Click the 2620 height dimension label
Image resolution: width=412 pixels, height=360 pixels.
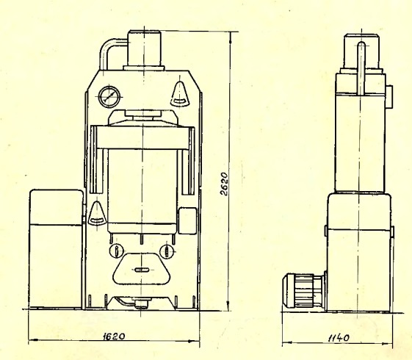pos(224,184)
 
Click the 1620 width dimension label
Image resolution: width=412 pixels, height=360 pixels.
pos(114,336)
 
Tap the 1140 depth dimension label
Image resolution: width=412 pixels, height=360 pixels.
pos(339,338)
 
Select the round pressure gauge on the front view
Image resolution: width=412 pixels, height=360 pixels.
pos(109,97)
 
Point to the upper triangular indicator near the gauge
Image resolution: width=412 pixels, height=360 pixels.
pos(180,94)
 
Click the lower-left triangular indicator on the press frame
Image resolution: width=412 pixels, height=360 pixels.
pos(97,214)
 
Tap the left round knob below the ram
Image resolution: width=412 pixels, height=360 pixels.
pos(116,251)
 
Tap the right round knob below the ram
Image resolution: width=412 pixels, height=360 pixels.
pos(167,251)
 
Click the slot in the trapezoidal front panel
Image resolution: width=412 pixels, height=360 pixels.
pos(142,270)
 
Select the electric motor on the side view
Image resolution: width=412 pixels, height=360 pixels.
pos(304,291)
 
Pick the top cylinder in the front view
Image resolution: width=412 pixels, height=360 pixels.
pos(144,48)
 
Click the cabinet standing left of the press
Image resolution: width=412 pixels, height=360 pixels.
pos(57,248)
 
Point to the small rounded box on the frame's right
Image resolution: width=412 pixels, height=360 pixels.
pos(187,220)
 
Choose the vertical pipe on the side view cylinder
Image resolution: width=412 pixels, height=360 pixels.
pos(361,68)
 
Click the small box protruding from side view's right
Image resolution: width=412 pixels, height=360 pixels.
pos(389,97)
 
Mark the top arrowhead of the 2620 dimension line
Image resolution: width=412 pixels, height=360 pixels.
pos(231,37)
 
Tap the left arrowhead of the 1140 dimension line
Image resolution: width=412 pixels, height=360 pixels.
pos(287,342)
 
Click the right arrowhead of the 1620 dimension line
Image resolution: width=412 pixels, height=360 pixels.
pos(194,341)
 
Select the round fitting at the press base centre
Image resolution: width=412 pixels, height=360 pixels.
pos(141,304)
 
